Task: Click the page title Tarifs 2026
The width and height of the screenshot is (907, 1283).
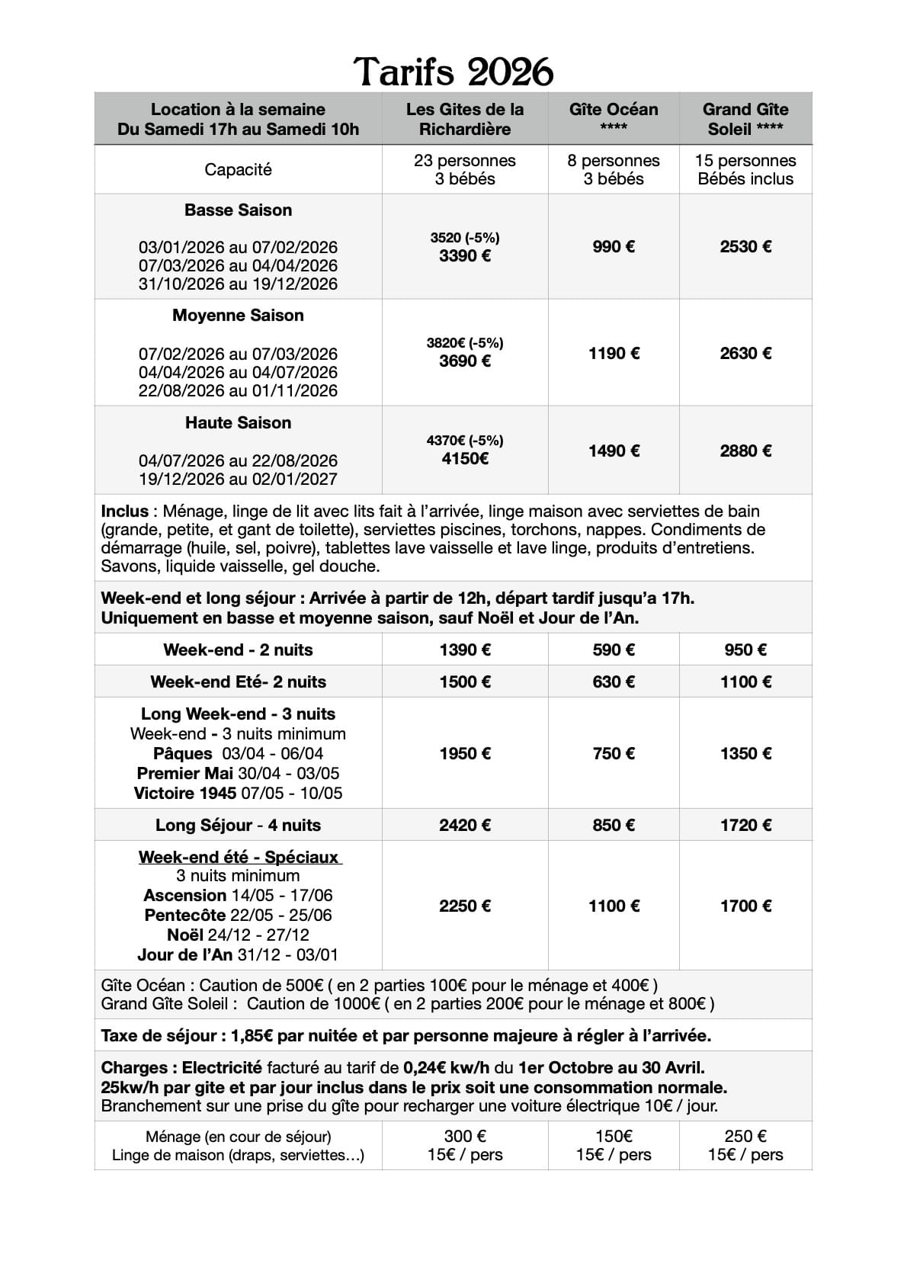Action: point(453,72)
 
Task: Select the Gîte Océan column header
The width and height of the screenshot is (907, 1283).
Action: point(614,118)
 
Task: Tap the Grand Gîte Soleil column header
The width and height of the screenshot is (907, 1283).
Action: point(745,118)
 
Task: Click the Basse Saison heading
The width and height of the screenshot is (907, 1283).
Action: point(238,210)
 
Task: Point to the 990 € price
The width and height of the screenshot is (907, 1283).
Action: point(614,246)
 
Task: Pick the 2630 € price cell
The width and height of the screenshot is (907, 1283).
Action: point(745,353)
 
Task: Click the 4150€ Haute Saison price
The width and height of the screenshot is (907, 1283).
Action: point(465,458)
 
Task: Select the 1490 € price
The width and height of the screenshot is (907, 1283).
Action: point(614,451)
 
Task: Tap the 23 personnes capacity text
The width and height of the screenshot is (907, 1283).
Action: point(465,161)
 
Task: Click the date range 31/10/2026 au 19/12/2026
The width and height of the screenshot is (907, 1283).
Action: point(238,284)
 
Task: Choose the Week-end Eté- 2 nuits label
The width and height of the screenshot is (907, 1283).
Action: point(238,682)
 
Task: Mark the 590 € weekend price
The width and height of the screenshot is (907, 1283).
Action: point(614,650)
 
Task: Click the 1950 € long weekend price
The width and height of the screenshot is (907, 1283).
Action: point(465,753)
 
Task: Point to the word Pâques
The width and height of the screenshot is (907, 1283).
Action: point(183,753)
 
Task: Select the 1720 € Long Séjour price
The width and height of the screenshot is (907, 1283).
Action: point(745,825)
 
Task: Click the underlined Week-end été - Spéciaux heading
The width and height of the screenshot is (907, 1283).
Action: point(239,857)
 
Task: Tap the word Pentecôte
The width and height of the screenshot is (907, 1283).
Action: point(185,915)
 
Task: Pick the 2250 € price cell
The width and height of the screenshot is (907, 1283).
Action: point(465,906)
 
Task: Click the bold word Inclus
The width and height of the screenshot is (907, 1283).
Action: point(124,511)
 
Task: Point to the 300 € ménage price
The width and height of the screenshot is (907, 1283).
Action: point(465,1137)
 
